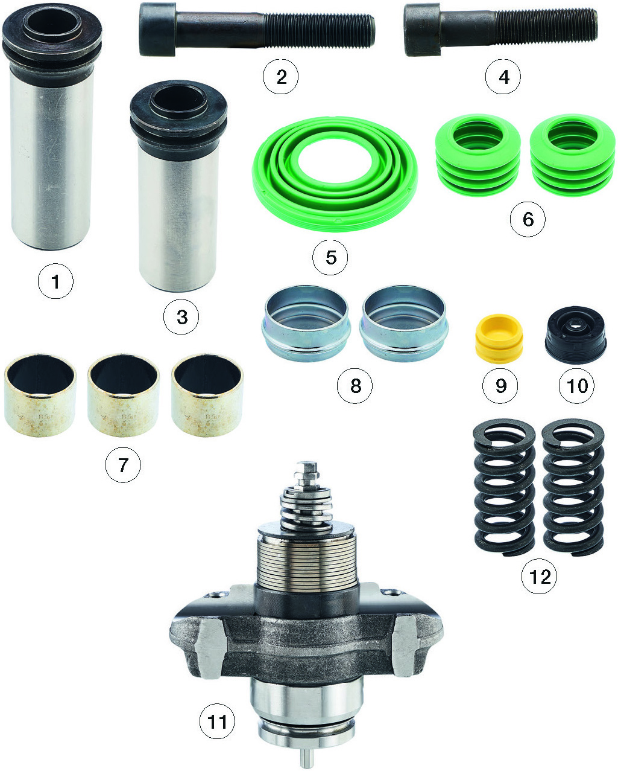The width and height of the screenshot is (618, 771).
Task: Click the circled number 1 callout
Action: (x=55, y=281)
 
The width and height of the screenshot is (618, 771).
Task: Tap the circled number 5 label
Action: (x=330, y=257)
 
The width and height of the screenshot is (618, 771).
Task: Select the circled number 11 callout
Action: (x=217, y=721)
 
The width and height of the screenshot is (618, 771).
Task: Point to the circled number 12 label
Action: (x=539, y=576)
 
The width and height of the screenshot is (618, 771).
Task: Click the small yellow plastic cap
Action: (x=499, y=338)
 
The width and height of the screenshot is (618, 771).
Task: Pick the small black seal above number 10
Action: (x=575, y=334)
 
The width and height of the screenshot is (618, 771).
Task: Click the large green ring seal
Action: (x=335, y=174)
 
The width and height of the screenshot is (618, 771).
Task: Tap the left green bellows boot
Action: (x=478, y=155)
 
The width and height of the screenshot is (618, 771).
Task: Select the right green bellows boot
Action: (x=573, y=155)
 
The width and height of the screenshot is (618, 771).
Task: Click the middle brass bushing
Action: (x=124, y=395)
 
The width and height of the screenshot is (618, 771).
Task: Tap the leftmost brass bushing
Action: (x=40, y=395)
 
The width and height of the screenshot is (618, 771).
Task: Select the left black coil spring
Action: (x=504, y=487)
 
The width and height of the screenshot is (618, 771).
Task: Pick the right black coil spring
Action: (x=573, y=487)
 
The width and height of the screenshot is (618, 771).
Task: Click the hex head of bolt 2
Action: (x=157, y=30)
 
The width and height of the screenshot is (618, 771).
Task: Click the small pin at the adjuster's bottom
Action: (x=307, y=759)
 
